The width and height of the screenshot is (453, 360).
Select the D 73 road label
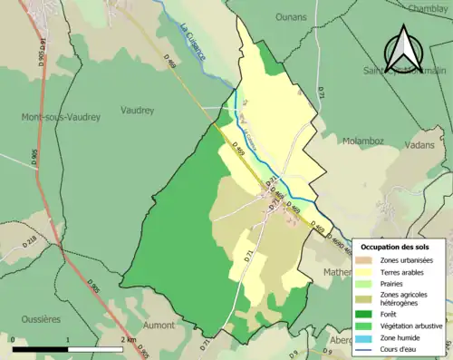point(204,345)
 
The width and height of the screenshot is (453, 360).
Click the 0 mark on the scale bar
point(14,341)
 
